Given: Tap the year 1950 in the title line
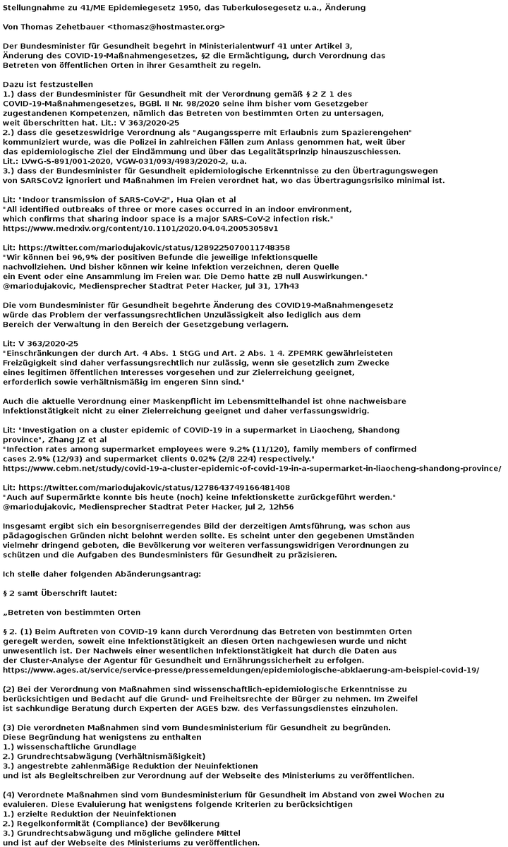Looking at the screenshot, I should point(199,8).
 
